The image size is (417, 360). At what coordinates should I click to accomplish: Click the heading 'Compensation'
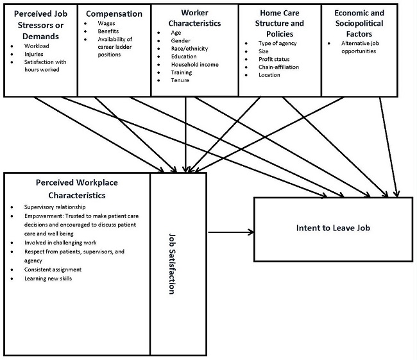coord(114,13)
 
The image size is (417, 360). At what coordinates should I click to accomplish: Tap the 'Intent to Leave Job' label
coord(333,228)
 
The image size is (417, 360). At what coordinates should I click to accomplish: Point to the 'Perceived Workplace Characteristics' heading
coord(76,188)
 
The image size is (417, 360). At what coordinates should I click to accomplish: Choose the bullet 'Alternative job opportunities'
coord(361,47)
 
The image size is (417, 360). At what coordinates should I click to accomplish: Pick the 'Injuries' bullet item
coord(35,54)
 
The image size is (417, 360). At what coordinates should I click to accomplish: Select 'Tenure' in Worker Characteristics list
coord(180,80)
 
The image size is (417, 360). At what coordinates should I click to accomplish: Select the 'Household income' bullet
coord(195,64)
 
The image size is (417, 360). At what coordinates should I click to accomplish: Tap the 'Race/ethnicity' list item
coord(190,48)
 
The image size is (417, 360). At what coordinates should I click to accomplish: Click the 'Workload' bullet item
coord(35,46)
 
